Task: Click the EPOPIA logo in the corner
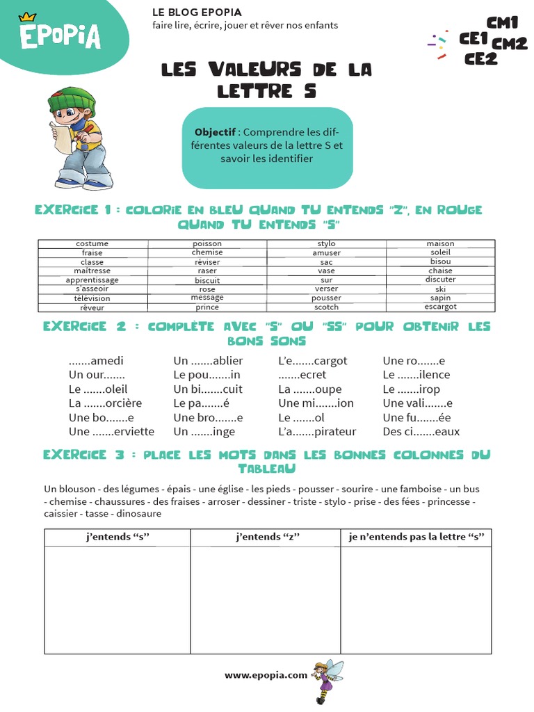60,35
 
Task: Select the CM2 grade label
509,44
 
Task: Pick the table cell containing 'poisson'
207,244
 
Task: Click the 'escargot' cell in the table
441,307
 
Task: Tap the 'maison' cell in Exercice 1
441,244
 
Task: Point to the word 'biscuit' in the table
207,280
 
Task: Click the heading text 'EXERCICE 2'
75,327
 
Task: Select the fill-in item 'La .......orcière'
105,403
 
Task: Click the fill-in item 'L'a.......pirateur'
317,432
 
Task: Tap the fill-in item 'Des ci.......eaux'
421,432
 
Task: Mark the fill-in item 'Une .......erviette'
111,432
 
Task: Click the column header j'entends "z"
265,537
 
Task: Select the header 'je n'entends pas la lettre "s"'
416,537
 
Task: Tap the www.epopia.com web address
266,674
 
